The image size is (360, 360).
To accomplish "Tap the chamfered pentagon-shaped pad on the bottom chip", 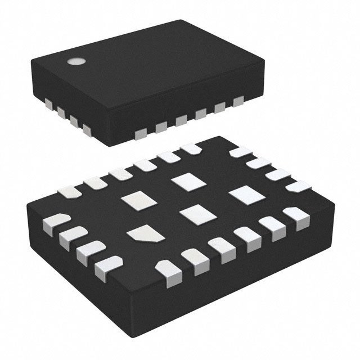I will point(145,233).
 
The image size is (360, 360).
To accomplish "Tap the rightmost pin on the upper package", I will point(238,101).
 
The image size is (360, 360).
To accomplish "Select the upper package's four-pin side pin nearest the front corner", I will point(87,129).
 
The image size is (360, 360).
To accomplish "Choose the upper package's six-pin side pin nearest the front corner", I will point(141,132).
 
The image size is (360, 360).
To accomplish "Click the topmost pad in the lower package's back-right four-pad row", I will point(241,152).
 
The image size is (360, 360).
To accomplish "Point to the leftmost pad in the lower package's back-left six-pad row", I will point(70,192).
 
